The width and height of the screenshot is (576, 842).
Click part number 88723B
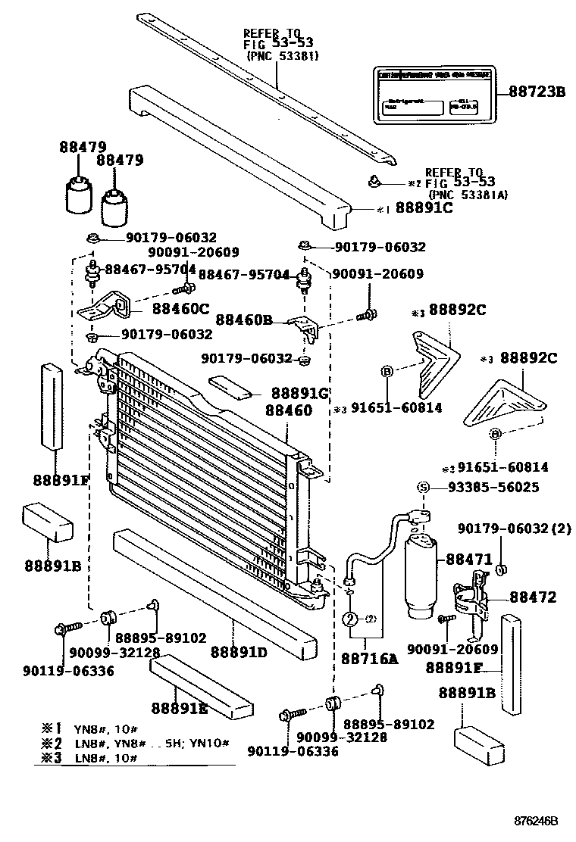(537, 92)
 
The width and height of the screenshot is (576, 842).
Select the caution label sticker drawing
(433, 95)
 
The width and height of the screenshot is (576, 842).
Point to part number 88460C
(180, 308)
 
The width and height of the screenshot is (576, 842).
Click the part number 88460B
(243, 320)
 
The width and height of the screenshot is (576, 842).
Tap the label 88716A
(369, 659)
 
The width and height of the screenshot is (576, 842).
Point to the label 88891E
(179, 707)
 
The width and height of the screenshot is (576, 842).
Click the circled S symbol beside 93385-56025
(424, 488)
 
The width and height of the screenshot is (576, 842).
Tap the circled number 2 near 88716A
(350, 619)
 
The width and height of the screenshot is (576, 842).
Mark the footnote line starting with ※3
(91, 758)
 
